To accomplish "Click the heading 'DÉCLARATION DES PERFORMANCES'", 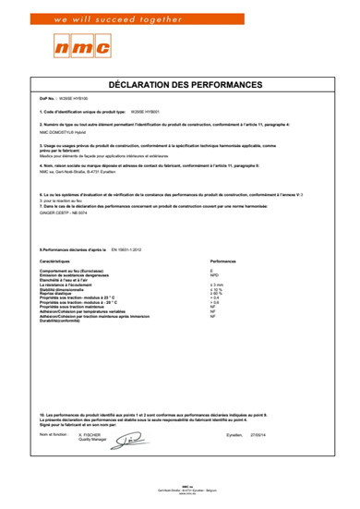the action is point(179,84).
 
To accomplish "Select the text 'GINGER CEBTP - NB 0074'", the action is point(61,212).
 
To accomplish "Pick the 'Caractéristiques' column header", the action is point(55,261).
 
